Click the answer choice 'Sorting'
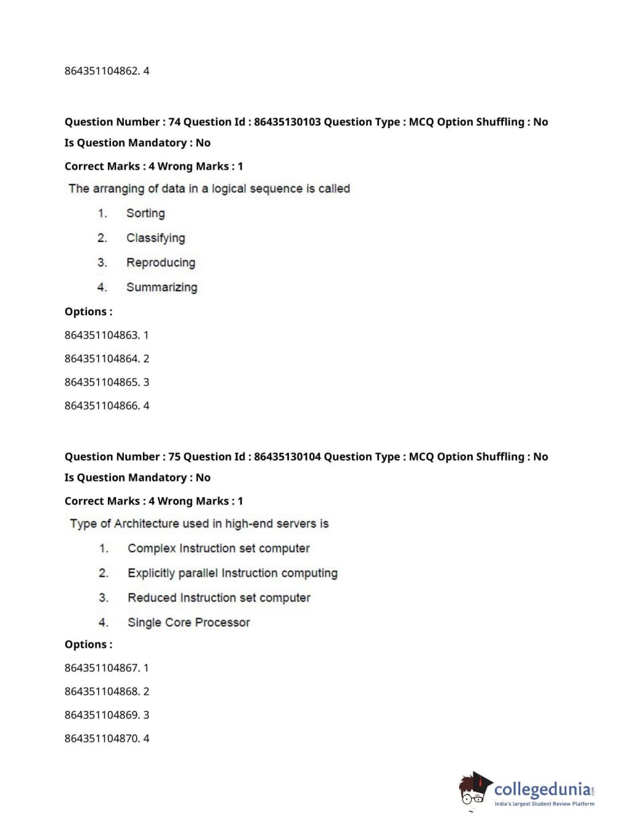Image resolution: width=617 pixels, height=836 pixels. pyautogui.click(x=145, y=213)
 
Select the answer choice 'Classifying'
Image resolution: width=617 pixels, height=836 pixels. pyautogui.click(x=155, y=238)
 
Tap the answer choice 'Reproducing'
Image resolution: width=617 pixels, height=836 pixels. pyautogui.click(x=160, y=263)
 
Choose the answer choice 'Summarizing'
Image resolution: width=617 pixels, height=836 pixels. pyautogui.click(x=161, y=287)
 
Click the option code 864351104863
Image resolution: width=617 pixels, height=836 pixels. pyautogui.click(x=102, y=335)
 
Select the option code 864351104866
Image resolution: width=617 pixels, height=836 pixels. pyautogui.click(x=102, y=406)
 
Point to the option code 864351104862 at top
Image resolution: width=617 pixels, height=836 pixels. pyautogui.click(x=102, y=71)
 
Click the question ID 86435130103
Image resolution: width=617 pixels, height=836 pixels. pyautogui.click(x=287, y=122)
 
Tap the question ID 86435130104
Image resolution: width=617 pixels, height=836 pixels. pyautogui.click(x=287, y=457)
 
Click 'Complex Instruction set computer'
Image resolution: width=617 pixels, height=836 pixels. pyautogui.click(x=218, y=549)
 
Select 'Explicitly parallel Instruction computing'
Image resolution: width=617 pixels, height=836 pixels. pyautogui.click(x=232, y=573)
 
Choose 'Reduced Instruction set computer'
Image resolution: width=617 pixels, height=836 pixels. pyautogui.click(x=219, y=598)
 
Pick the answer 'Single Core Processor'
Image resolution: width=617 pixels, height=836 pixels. pyautogui.click(x=189, y=623)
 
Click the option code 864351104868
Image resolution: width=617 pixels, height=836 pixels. pyautogui.click(x=102, y=692)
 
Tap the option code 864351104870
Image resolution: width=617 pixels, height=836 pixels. pyautogui.click(x=102, y=739)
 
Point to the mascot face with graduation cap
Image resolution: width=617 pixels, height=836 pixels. pyautogui.click(x=473, y=790)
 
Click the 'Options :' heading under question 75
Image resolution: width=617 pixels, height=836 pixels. pyautogui.click(x=88, y=645)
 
